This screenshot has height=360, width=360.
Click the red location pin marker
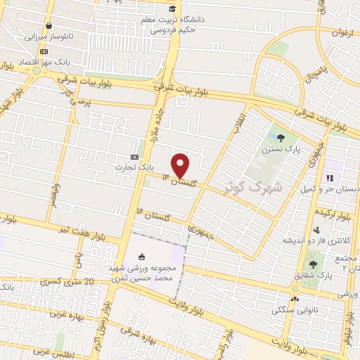coord(181,165)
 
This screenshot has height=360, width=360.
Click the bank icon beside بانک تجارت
coord(135,157)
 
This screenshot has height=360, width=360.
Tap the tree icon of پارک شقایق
coord(312,264)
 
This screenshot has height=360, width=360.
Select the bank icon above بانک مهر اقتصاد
coord(44,51)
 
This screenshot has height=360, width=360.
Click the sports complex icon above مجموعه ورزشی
coord(143,257)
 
